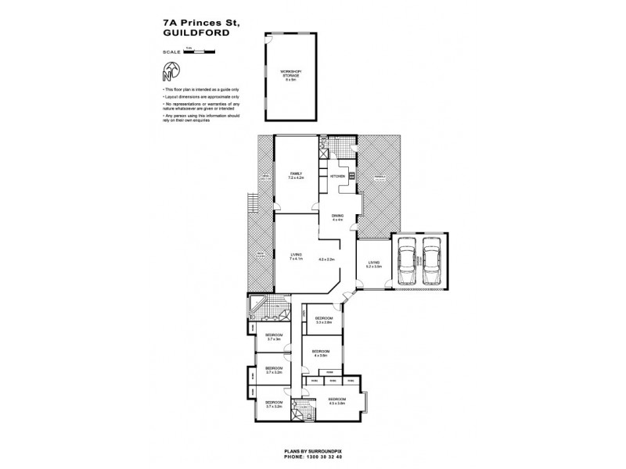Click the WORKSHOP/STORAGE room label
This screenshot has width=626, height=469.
click(290, 75)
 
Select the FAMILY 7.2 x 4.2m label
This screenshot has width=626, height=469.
click(297, 176)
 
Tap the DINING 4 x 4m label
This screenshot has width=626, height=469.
click(338, 219)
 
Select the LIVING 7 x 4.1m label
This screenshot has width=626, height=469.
click(297, 256)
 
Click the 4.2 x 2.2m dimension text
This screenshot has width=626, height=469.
click(326, 259)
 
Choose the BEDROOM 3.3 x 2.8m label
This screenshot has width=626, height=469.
click(324, 320)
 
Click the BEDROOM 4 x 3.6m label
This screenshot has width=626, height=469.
click(321, 353)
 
